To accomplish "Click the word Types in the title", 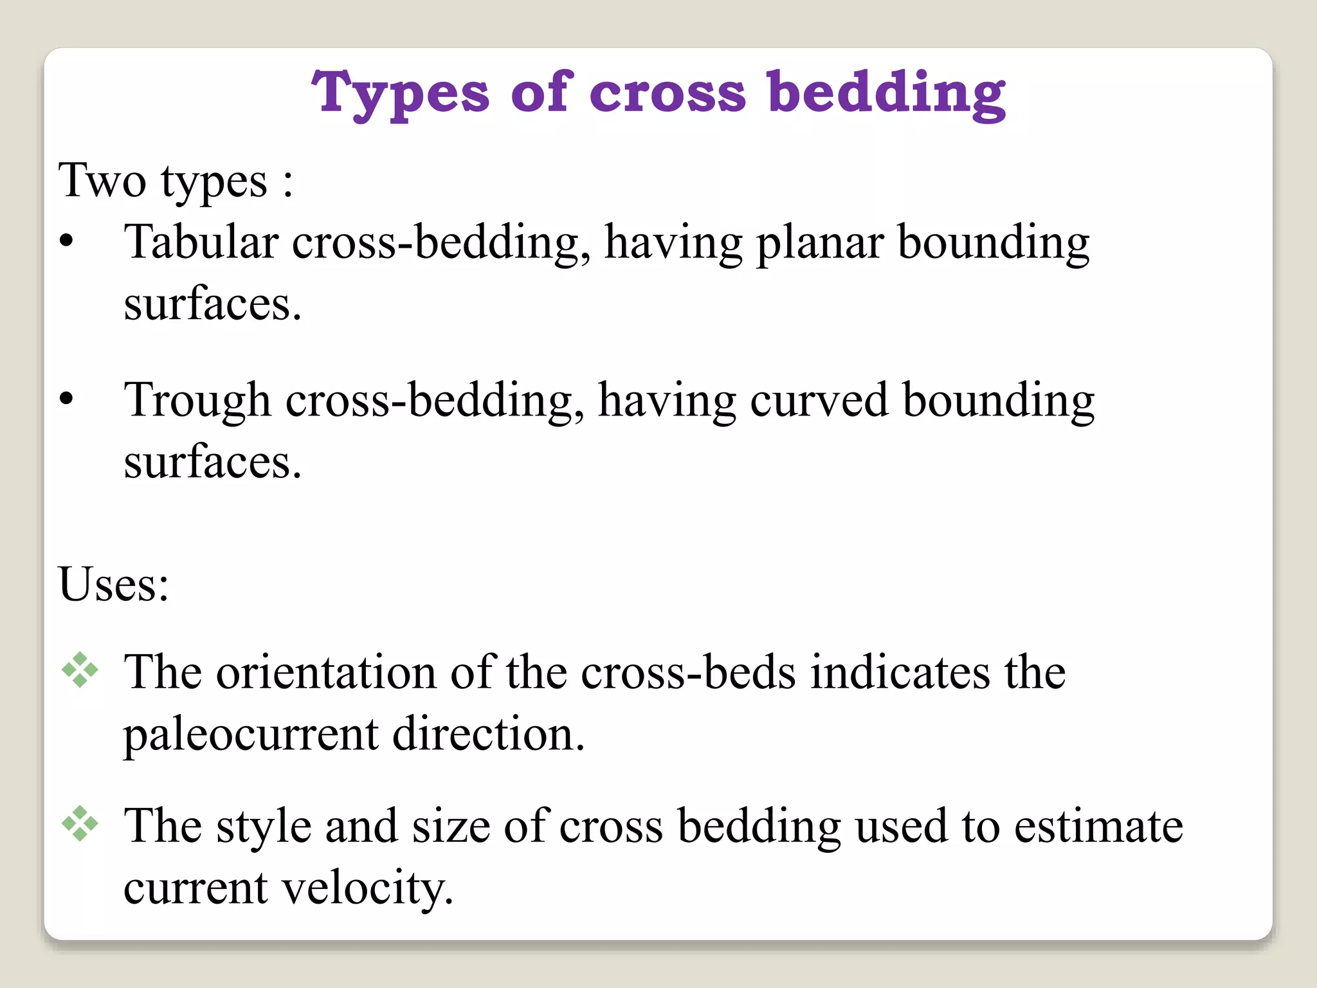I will [400, 94].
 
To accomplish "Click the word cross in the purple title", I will [667, 94].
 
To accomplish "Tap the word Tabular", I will [201, 242].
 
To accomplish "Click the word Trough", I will [197, 401].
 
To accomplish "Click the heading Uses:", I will [114, 584].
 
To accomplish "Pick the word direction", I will [488, 734].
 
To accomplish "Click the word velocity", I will [368, 888].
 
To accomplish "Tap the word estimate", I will [1098, 826].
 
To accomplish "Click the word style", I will [264, 827].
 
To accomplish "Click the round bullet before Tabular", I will [66, 242].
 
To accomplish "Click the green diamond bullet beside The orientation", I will [80, 670].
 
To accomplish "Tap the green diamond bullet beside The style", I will [80, 823].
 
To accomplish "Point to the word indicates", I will [900, 672].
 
